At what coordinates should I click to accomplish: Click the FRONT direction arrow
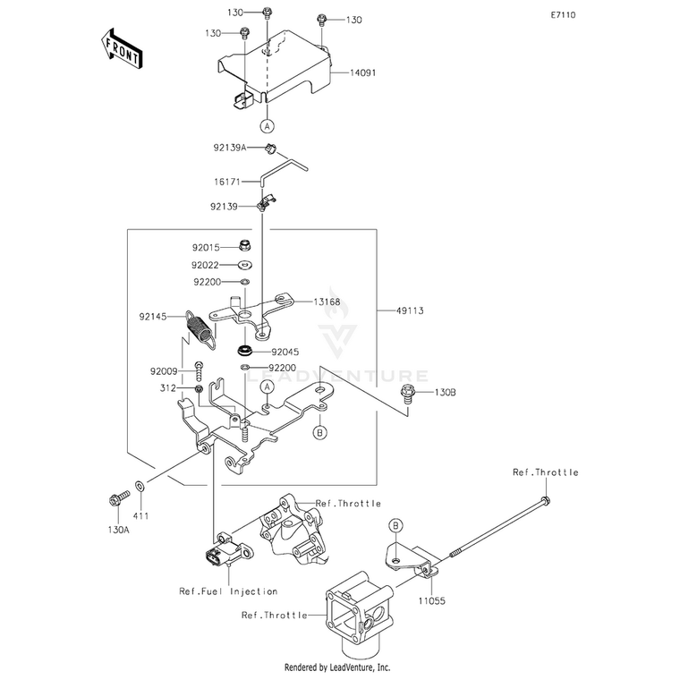pyautogui.click(x=122, y=48)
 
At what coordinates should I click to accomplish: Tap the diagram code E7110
pyautogui.click(x=563, y=15)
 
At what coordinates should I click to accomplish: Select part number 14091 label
pyautogui.click(x=363, y=72)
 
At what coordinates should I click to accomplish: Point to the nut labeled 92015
pyautogui.click(x=246, y=245)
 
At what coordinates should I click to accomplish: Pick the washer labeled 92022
pyautogui.click(x=245, y=265)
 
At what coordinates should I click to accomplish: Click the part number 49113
pyautogui.click(x=410, y=310)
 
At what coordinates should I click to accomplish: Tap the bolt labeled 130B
pyautogui.click(x=408, y=393)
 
